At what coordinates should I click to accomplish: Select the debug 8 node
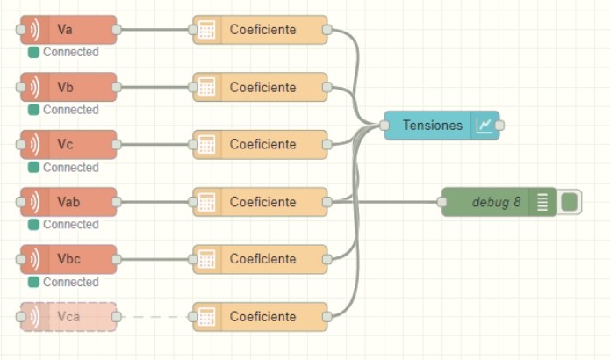[x=496, y=202]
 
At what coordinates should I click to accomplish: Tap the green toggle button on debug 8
[x=570, y=202]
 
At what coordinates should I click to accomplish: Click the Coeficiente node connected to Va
[x=262, y=30]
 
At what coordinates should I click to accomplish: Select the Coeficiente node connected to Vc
[x=262, y=144]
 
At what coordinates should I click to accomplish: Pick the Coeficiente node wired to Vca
[x=262, y=316]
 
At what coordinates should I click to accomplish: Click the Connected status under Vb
[x=70, y=110]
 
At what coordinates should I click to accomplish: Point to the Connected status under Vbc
[x=70, y=282]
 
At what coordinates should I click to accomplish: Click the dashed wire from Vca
[x=154, y=316]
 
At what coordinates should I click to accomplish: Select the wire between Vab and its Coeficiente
[x=154, y=202]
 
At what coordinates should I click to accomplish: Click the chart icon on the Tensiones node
[x=484, y=126]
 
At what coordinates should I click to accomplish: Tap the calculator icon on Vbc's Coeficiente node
[x=207, y=259]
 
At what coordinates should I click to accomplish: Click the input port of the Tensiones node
[x=384, y=126]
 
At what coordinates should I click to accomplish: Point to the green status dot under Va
[x=33, y=53]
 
